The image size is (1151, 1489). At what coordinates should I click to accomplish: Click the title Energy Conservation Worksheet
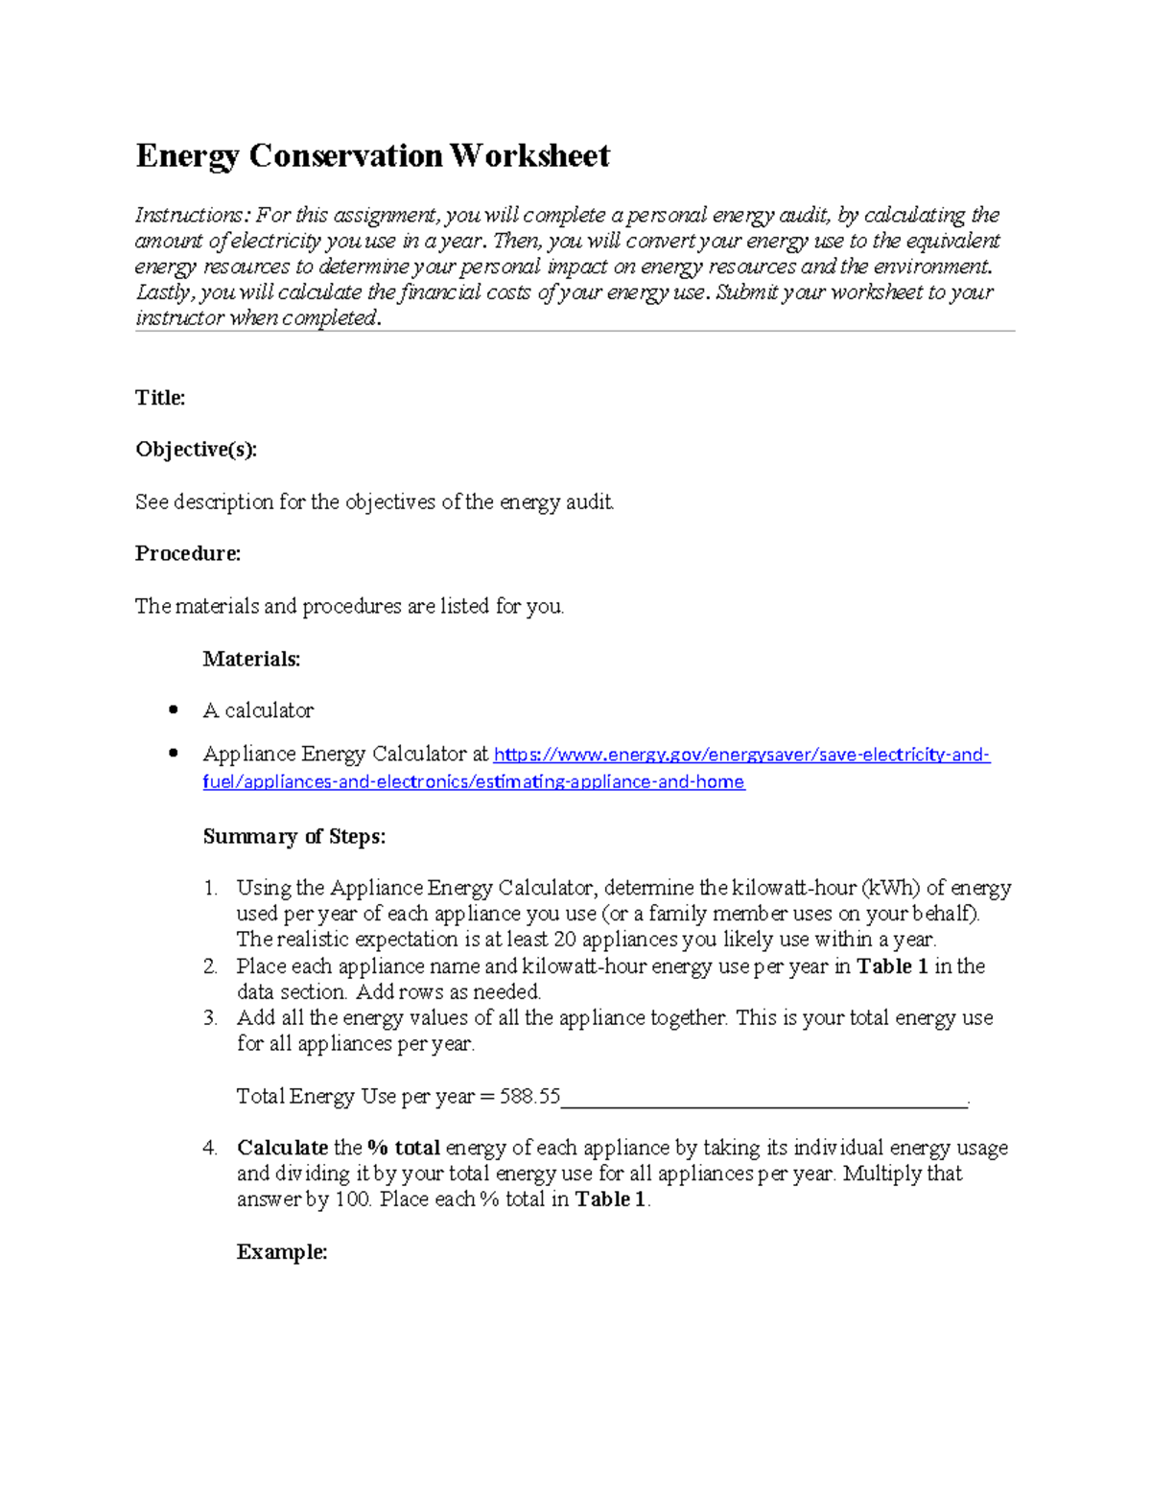[x=372, y=156]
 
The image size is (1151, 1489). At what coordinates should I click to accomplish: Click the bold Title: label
[x=160, y=398]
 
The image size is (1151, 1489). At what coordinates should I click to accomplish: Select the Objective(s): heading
[x=196, y=450]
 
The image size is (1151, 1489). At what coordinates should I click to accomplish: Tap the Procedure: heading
[x=188, y=554]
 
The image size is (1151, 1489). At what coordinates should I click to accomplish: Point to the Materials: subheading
[x=251, y=659]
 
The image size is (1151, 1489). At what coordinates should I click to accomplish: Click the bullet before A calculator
[x=173, y=710]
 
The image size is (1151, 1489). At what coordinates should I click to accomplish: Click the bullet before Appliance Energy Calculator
[x=173, y=754]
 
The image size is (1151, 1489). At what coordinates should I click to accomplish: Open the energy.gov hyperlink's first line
[x=740, y=756]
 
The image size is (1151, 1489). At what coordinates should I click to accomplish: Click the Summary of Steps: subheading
[x=294, y=837]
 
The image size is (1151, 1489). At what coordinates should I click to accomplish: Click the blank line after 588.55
[x=763, y=1103]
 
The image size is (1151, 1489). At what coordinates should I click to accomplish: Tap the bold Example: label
[x=282, y=1252]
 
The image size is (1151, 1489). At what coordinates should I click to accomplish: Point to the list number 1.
[x=210, y=889]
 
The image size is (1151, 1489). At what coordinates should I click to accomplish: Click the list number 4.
[x=210, y=1148]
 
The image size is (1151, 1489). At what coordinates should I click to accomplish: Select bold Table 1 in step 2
[x=892, y=966]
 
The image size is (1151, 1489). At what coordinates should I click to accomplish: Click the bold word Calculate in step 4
[x=282, y=1148]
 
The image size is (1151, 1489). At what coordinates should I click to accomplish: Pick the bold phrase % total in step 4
[x=404, y=1148]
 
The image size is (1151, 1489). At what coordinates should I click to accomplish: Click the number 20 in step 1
[x=565, y=940]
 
